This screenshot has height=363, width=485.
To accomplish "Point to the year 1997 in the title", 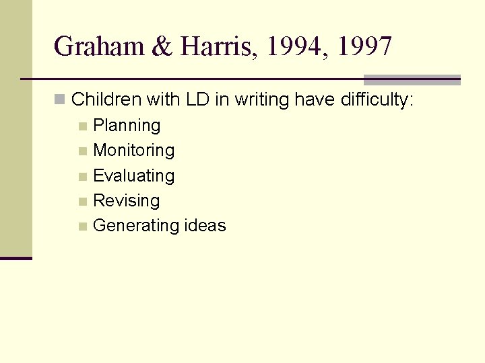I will [364, 47].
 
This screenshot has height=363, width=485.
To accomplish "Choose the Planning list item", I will [127, 126].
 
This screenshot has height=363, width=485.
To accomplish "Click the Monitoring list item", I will [133, 151].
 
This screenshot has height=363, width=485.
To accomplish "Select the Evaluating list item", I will [133, 176].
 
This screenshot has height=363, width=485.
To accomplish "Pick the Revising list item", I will [126, 201].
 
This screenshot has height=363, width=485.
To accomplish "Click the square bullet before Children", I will [60, 100].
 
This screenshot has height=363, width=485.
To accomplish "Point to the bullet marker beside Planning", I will [82, 126].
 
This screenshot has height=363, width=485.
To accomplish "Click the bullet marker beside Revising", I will [82, 202].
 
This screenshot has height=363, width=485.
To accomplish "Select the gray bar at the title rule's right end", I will [412, 79].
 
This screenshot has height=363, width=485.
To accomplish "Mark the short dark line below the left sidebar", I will [15, 258].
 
